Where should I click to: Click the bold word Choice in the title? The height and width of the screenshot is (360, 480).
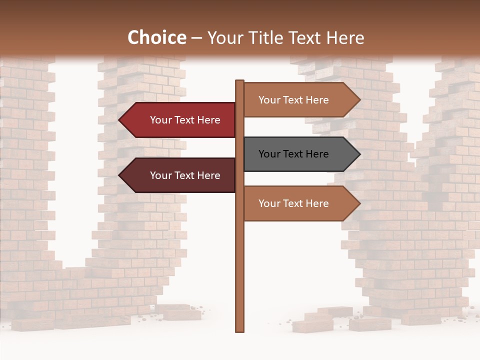pyautogui.click(x=156, y=38)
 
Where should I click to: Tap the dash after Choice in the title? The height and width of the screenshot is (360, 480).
pyautogui.click(x=196, y=38)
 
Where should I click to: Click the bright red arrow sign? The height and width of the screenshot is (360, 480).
pyautogui.click(x=180, y=120)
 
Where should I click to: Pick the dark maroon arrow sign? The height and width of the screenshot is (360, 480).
pyautogui.click(x=180, y=175)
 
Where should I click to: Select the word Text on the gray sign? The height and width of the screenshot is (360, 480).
pyautogui.click(x=294, y=154)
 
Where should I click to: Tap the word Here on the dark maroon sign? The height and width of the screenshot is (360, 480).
pyautogui.click(x=208, y=175)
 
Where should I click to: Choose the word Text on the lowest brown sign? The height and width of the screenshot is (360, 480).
pyautogui.click(x=294, y=203)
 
